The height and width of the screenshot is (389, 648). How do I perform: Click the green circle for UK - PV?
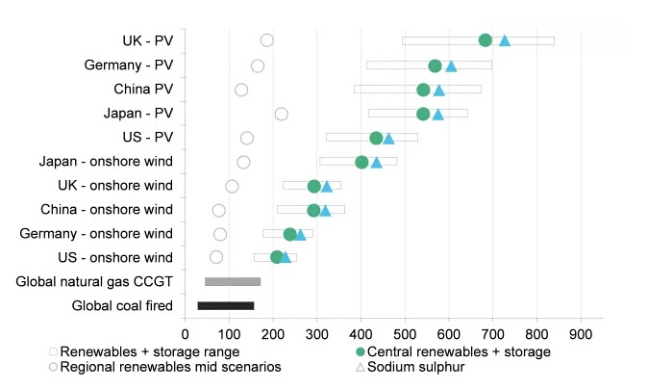tap(486, 39)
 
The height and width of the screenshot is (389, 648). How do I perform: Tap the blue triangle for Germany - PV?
tap(451, 65)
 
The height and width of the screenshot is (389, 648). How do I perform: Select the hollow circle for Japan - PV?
tap(281, 114)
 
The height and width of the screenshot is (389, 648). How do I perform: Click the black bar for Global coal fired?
tap(226, 306)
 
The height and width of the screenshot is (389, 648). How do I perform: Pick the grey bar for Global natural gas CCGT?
tap(233, 281)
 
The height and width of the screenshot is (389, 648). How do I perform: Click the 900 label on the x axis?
tap(580, 334)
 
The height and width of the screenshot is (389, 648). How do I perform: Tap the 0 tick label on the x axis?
tap(186, 334)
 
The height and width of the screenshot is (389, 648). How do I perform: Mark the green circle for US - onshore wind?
tap(277, 257)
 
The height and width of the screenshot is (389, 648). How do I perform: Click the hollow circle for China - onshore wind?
tap(218, 210)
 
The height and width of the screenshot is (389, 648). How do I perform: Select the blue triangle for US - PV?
tap(388, 139)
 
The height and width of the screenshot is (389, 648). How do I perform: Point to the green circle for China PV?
tap(423, 90)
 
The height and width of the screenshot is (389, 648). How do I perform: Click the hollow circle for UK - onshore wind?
tap(232, 186)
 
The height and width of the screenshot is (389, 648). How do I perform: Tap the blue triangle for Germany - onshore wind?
tap(300, 234)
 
